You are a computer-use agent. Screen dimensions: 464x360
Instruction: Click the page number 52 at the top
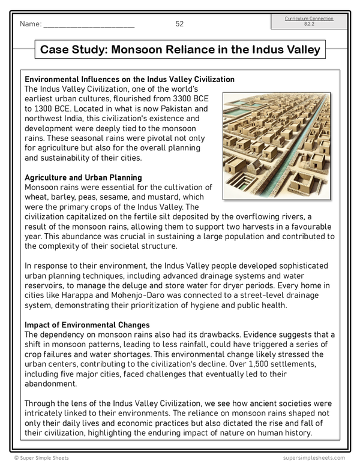pos(179,24)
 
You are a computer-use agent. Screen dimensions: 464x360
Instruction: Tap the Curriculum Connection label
pos(309,19)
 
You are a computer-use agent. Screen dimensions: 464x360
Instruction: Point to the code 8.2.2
pos(309,24)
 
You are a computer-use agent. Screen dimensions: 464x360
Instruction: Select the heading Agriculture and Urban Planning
pos(83,178)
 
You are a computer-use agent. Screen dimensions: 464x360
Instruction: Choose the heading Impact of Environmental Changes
pos(87,325)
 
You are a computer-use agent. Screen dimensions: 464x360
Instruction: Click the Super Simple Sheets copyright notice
pos(38,458)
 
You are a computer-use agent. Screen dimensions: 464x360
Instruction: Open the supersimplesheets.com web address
pos(316,458)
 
